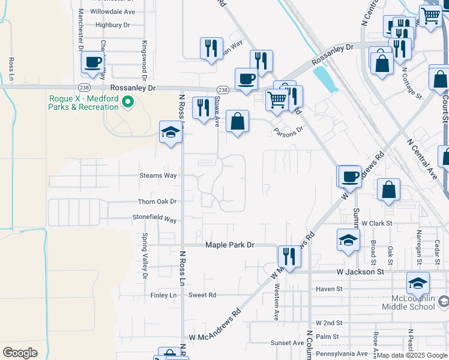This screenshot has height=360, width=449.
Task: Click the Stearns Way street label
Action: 158,176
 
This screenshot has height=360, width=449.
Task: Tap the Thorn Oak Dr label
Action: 158,202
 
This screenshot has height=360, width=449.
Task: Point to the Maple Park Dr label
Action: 230,245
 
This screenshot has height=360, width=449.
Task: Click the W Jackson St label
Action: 360,272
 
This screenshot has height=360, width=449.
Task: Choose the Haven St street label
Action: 330,289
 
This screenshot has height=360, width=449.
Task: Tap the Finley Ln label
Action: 164,295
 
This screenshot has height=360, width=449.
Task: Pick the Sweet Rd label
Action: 202,295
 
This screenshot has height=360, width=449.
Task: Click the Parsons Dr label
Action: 288,132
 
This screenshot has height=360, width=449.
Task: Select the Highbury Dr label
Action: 113,25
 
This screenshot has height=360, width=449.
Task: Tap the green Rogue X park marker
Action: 127,103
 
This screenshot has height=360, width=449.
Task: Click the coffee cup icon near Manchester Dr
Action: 93,62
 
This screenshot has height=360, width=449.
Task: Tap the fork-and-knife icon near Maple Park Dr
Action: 289,257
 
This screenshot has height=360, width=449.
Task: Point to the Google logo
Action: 20,353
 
